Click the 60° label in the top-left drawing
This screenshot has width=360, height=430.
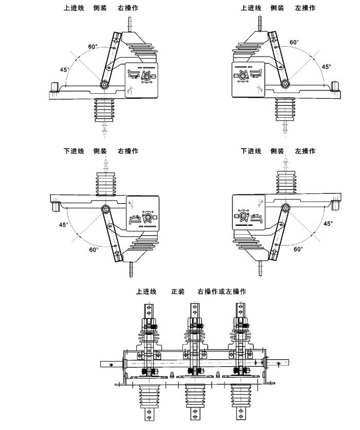93,47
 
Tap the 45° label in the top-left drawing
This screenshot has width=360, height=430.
64,70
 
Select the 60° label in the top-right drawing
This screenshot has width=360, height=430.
294,43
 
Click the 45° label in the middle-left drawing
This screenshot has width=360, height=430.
63,225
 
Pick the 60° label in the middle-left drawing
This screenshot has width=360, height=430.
93,249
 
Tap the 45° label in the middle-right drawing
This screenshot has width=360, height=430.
328,223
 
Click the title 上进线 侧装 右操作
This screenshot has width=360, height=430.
101,8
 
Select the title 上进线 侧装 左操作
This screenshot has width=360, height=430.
278,8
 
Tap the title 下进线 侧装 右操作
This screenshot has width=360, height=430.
101,151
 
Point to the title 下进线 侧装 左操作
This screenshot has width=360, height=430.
278,151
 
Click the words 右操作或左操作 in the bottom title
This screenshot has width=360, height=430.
222,292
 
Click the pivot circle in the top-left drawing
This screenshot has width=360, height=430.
104,84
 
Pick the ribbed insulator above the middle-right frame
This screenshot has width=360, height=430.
285,183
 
